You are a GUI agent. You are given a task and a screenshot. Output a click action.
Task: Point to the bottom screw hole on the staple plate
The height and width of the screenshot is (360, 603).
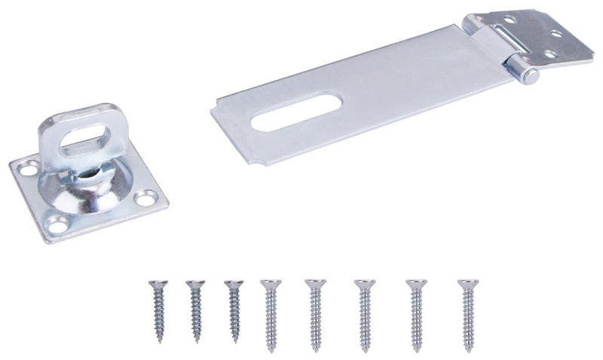click(x=54, y=224)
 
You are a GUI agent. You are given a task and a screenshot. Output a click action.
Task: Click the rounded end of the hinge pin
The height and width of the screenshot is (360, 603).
click(x=530, y=75)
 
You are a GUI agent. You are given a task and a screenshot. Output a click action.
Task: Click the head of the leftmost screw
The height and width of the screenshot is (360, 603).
click(x=158, y=283)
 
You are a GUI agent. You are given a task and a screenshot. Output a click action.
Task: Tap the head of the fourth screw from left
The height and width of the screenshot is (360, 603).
click(x=270, y=283)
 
